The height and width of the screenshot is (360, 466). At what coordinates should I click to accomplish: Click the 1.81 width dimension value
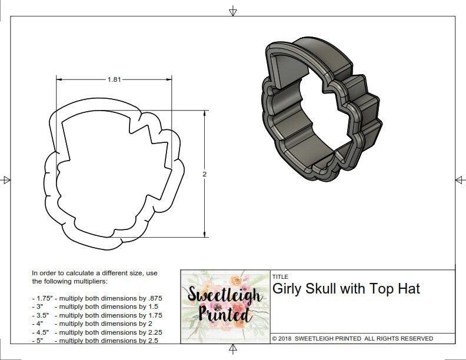point(114,80)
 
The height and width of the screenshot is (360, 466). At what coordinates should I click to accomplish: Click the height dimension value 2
point(204,174)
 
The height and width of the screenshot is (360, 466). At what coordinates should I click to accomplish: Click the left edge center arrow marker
point(5,179)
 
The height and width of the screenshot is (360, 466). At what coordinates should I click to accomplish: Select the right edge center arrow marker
point(460,179)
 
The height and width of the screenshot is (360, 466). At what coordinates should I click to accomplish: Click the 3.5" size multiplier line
point(97,315)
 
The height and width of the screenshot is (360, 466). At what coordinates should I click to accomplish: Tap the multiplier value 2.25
point(151,332)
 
